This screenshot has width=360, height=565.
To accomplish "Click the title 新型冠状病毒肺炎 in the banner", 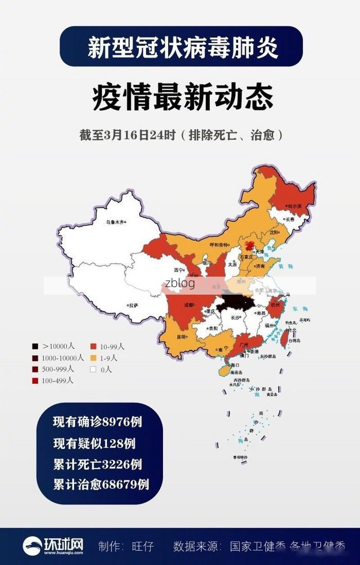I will point(182,47).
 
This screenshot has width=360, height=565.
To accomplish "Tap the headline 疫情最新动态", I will point(182,98).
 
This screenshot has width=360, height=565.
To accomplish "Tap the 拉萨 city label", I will point(133,305).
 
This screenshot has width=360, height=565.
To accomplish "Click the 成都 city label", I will point(189,305).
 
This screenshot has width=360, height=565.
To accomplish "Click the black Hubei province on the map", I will point(234,302).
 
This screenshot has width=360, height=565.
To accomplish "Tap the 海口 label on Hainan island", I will point(234,366).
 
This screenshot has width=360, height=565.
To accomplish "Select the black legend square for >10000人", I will point(35,346).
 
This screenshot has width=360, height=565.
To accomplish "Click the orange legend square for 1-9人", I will point(93,358).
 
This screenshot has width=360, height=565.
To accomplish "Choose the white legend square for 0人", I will point(93,369).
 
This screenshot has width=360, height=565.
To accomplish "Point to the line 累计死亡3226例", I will point(98,464).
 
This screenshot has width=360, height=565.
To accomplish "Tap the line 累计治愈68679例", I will point(101,484).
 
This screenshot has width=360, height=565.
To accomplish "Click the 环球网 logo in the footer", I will point(53,546).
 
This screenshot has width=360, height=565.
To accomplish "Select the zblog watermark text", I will point(180,283).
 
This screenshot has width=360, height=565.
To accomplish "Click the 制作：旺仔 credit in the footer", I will point(126,546).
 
